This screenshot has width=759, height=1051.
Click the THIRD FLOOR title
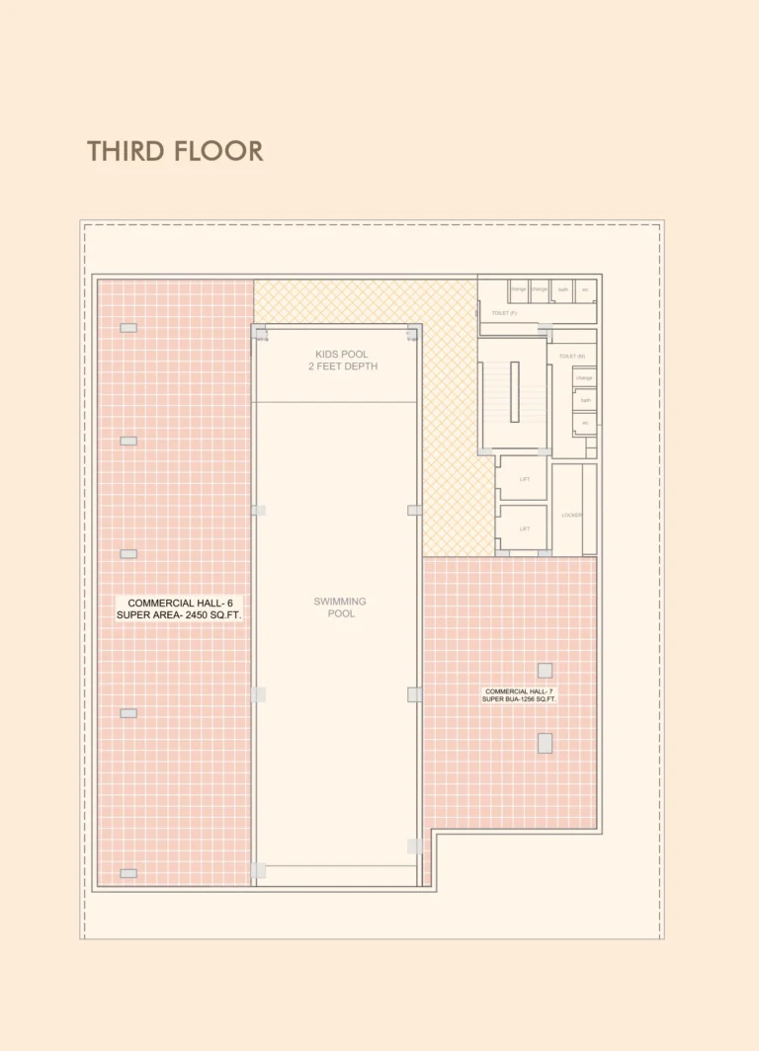pos(175,151)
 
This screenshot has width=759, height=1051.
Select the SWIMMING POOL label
pos(340,607)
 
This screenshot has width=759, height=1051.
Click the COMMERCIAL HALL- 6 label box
pos(178,608)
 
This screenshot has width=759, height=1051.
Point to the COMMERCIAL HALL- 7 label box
pos(519,694)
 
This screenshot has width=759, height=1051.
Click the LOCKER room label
pos(570,515)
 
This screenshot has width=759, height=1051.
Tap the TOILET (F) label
pos(504,313)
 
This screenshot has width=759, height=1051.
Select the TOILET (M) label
pos(571,356)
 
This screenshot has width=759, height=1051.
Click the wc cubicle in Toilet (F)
pos(585,290)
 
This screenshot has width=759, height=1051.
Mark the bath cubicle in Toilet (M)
pos(585,400)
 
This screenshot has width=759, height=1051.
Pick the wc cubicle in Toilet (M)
pos(585,423)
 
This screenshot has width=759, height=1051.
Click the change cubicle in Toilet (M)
pos(585,377)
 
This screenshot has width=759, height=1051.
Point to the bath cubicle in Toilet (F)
pos(562,290)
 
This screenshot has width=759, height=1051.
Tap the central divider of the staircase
pos(514,391)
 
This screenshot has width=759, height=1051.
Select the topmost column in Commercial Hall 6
pos(128,328)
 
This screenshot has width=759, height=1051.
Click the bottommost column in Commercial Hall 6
pos(128,873)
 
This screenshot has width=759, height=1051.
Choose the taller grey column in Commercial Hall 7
pos(545,743)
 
